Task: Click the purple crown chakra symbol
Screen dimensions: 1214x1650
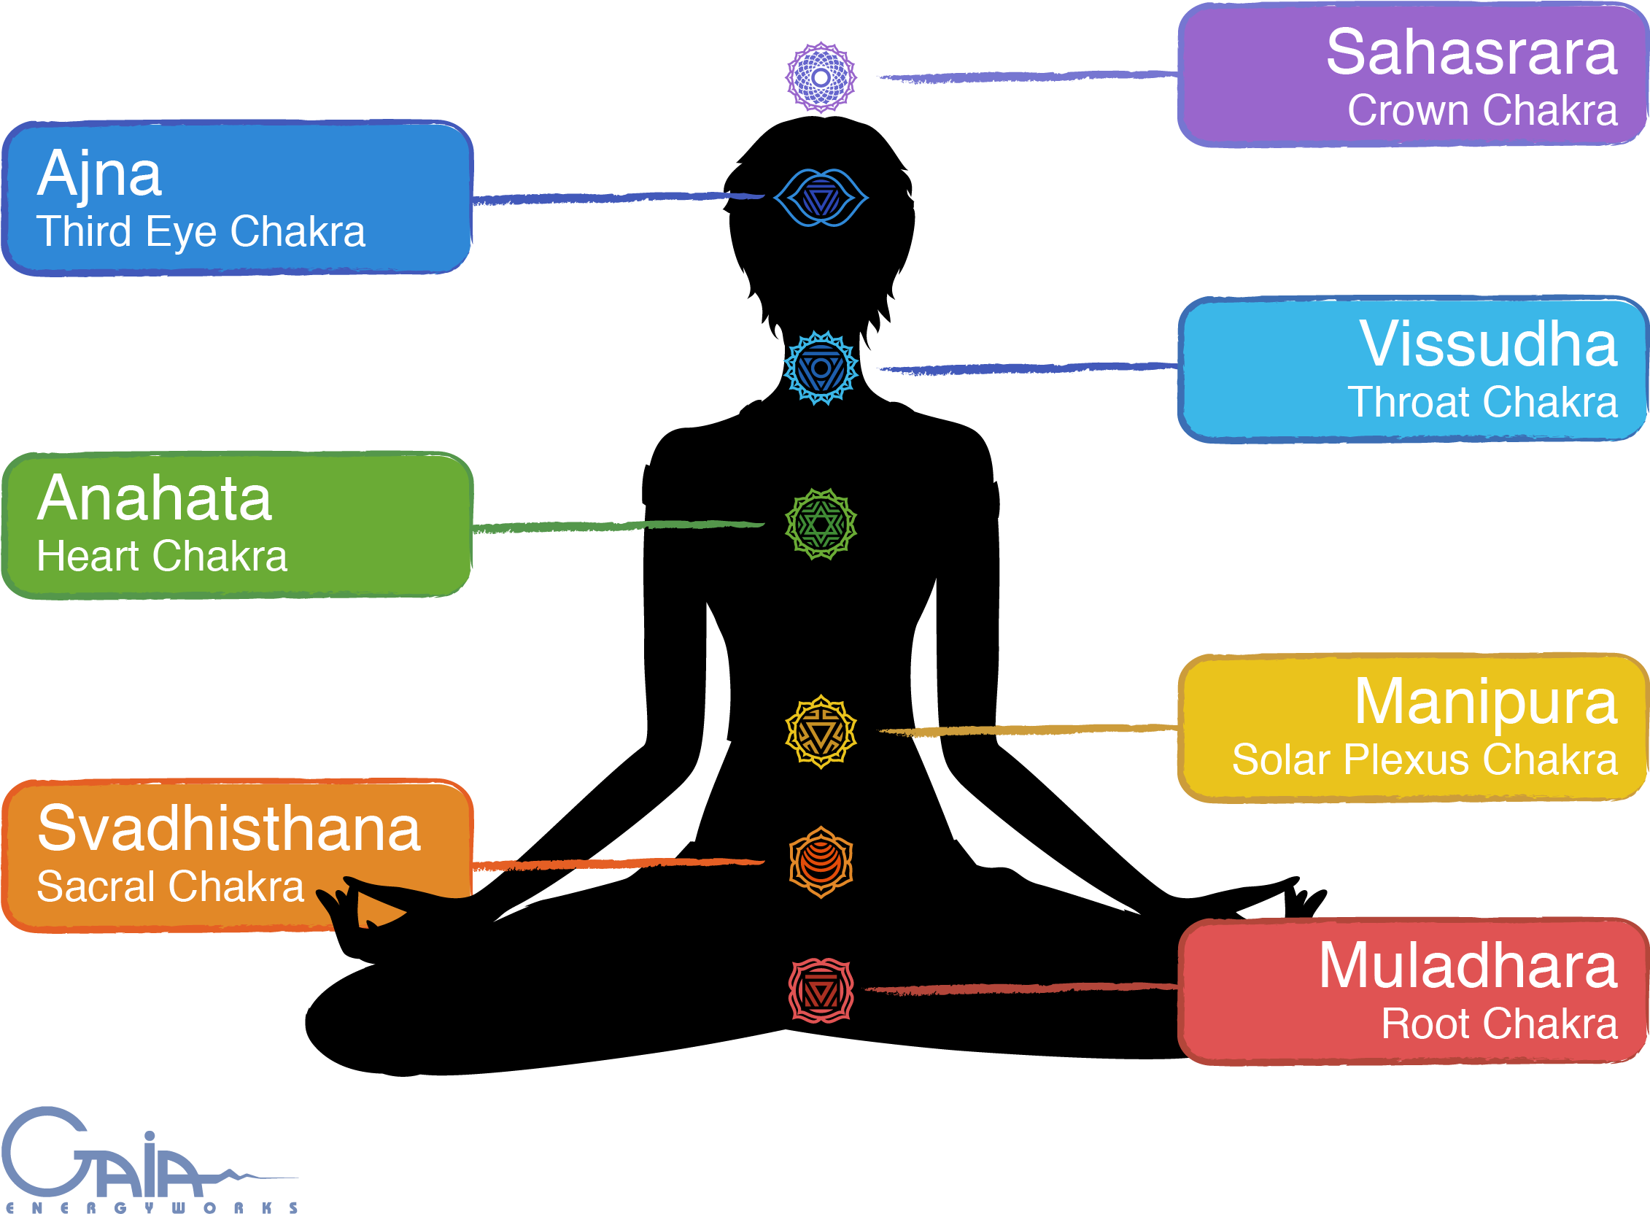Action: [821, 77]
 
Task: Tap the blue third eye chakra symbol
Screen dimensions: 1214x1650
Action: [821, 198]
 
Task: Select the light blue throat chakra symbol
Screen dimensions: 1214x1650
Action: [821, 368]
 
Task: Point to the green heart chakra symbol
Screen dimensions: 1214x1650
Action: [821, 524]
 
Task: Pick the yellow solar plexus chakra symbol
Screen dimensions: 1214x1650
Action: [821, 731]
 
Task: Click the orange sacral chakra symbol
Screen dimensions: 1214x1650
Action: [821, 862]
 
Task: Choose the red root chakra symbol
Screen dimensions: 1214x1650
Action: [821, 990]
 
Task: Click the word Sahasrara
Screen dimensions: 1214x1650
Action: [1471, 53]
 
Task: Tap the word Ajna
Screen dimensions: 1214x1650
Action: [99, 175]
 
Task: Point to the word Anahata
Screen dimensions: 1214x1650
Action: [154, 499]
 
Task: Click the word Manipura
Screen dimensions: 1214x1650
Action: [1484, 702]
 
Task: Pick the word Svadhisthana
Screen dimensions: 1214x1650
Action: [229, 829]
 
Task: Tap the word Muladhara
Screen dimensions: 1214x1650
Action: [1467, 966]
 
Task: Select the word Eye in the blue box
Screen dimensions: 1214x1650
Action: [181, 232]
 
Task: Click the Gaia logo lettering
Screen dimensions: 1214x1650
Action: [103, 1157]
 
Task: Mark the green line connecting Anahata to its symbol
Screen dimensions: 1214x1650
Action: [617, 526]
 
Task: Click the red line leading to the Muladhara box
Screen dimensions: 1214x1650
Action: [1021, 989]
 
